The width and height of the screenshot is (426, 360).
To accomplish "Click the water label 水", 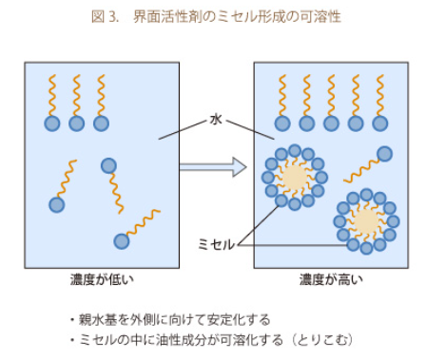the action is [x=216, y=120].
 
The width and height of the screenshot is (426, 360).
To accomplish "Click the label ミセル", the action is [x=217, y=244].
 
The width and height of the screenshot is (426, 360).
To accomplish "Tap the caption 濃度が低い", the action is [x=102, y=279].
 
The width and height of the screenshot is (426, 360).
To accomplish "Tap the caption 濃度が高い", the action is [x=331, y=279].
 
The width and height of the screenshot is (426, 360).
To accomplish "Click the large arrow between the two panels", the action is [x=213, y=166].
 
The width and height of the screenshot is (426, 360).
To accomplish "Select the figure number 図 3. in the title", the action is [x=105, y=16].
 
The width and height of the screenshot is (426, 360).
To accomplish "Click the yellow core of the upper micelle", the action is [x=295, y=178].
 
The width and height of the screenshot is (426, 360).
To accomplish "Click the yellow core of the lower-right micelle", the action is [x=366, y=221].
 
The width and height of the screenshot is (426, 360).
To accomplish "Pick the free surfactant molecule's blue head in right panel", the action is [x=385, y=154].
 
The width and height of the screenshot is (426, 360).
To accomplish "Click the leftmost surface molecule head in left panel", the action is [x=52, y=123].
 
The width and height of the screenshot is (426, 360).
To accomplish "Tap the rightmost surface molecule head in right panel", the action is [x=380, y=123].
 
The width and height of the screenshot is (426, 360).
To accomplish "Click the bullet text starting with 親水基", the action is [x=174, y=320].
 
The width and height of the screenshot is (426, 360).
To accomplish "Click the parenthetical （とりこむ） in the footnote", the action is [x=322, y=340].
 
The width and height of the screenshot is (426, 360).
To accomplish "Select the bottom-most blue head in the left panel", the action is [x=122, y=241].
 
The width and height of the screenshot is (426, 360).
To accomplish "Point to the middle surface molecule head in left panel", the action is [x=77, y=123].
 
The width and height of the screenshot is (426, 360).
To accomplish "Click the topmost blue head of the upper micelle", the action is [x=295, y=150].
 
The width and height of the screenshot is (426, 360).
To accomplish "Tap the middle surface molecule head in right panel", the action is [x=331, y=123].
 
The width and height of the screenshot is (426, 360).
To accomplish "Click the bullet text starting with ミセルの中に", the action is [x=181, y=340].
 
